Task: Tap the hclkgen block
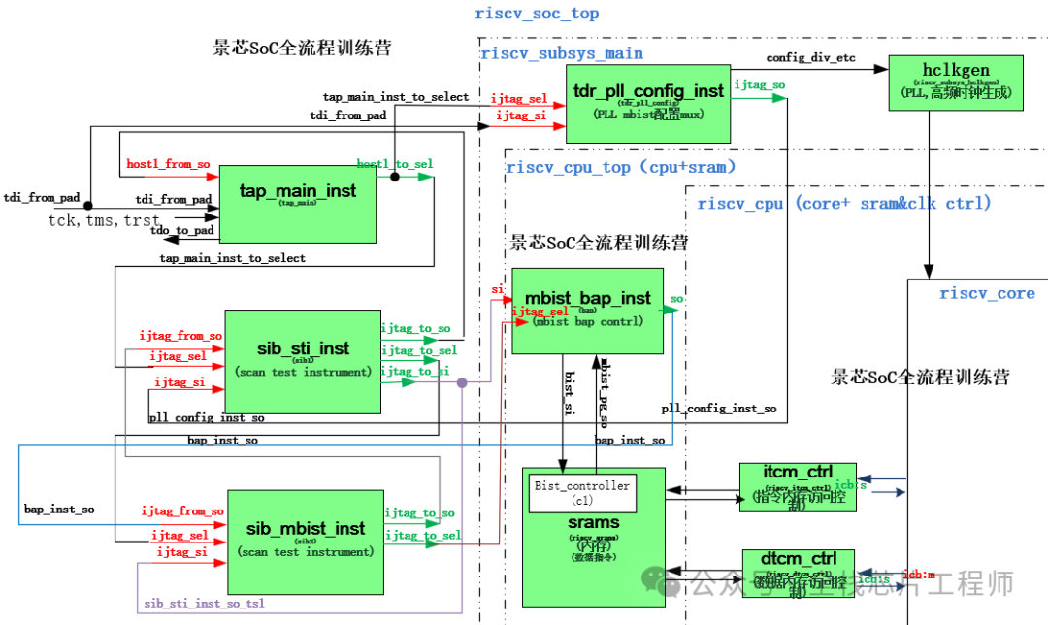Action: pos(956,82)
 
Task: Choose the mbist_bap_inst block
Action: pos(587,311)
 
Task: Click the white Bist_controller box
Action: pos(582,493)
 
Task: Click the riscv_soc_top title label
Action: pos(537,14)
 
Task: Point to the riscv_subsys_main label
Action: pos(562,53)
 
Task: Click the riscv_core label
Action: pos(987,293)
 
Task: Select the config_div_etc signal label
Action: pos(810,58)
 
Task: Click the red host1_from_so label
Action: pos(168,164)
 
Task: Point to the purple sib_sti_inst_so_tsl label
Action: pos(204,603)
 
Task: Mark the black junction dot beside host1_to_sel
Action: pos(395,177)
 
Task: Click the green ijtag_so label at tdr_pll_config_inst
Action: pos(760,85)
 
